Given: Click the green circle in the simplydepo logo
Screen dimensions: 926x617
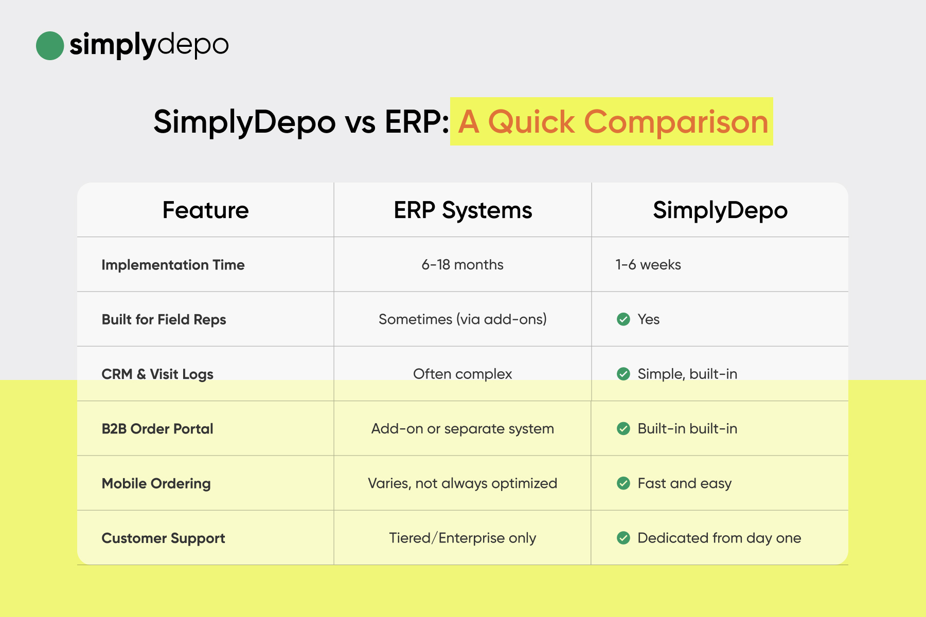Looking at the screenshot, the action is click(50, 46).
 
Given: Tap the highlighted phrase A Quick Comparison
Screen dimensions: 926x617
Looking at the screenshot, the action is click(613, 122).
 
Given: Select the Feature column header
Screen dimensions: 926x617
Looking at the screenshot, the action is click(206, 210).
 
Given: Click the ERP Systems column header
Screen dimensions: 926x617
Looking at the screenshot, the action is click(463, 210).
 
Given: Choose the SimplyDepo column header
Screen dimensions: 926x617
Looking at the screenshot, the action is click(720, 210).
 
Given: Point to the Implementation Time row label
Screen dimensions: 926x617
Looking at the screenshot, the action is click(173, 265).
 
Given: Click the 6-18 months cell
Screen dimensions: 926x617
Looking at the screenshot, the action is click(462, 265).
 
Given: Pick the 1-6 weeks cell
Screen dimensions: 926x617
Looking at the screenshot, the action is click(648, 265).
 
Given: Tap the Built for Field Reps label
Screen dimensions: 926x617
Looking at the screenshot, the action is click(164, 319).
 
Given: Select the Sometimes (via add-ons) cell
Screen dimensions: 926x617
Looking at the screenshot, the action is click(462, 319).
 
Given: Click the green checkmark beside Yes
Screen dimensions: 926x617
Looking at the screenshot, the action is click(624, 319).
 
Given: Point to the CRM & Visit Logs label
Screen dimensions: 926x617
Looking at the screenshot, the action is click(157, 374).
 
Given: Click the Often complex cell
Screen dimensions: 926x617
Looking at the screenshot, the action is click(462, 374).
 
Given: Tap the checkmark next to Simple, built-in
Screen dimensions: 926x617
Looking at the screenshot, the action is click(624, 374).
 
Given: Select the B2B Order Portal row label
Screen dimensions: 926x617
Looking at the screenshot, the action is click(157, 429).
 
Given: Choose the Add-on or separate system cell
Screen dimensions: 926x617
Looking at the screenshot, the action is click(462, 429).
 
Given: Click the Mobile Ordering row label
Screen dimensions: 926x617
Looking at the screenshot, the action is click(156, 484).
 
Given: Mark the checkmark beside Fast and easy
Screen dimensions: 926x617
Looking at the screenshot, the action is click(624, 483).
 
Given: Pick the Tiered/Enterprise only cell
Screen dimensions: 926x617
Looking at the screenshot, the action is click(462, 538).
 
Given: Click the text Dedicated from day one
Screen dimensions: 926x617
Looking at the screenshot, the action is click(719, 538).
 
